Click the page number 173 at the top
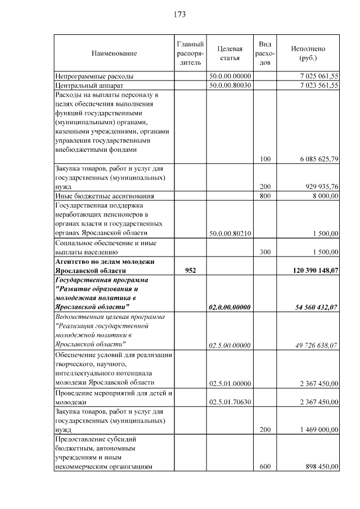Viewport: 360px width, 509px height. coord(180,14)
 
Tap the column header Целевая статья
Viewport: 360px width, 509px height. coord(229,53)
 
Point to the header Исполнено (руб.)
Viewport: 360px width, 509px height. coord(308,53)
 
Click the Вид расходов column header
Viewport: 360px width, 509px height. coord(265,53)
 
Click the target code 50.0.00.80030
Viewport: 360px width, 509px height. coord(229,85)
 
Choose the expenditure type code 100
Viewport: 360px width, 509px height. coord(265,159)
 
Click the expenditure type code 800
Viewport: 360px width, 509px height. coord(265,196)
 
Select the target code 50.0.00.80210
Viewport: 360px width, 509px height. coord(229,233)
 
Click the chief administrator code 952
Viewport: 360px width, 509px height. coord(190,271)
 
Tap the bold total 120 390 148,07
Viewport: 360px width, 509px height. coord(315,271)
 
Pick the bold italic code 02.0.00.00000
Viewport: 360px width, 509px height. coord(229,307)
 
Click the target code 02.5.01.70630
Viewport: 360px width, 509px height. coord(229,403)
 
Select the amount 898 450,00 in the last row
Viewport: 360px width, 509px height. coord(319,466)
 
